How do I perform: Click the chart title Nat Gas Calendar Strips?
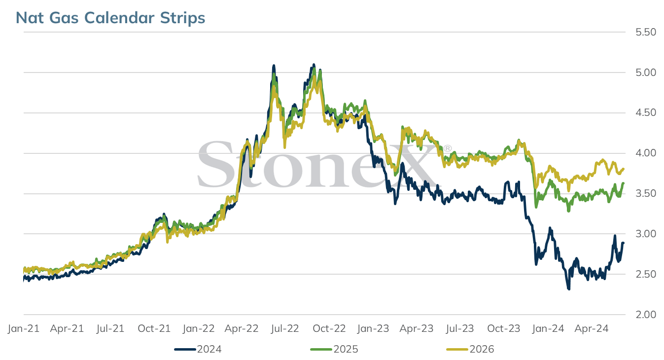pyautogui.click(x=110, y=18)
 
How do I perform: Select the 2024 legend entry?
pyautogui.click(x=198, y=349)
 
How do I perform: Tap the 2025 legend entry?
pyautogui.click(x=334, y=349)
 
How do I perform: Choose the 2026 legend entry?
pyautogui.click(x=470, y=349)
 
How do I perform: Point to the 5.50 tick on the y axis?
pyautogui.click(x=646, y=32)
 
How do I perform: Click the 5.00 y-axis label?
pyautogui.click(x=646, y=72)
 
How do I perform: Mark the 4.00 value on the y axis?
pyautogui.click(x=646, y=153)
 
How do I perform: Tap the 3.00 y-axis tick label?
pyautogui.click(x=646, y=234)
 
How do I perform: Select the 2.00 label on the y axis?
pyautogui.click(x=646, y=314)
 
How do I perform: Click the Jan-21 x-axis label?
pyautogui.click(x=24, y=328)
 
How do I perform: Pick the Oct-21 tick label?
pyautogui.click(x=154, y=328)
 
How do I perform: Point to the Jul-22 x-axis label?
pyautogui.click(x=284, y=328)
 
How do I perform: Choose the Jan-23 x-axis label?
pyautogui.click(x=373, y=328)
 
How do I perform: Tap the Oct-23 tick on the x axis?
pyautogui.click(x=504, y=328)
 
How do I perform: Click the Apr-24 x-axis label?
pyautogui.click(x=592, y=328)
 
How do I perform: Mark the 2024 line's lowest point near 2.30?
pyautogui.click(x=569, y=288)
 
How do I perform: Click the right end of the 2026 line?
pyautogui.click(x=624, y=169)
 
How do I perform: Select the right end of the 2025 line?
pyautogui.click(x=624, y=183)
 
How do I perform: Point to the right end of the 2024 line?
pyautogui.click(x=623, y=243)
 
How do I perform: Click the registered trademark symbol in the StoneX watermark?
pyautogui.click(x=447, y=148)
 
